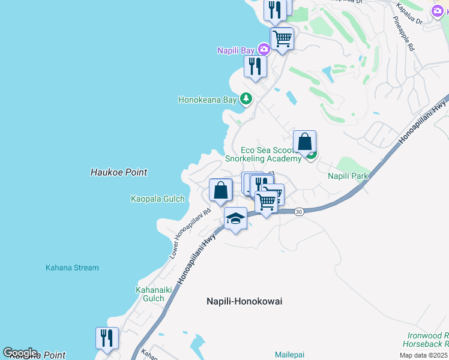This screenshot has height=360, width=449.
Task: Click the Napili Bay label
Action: tap(236, 50)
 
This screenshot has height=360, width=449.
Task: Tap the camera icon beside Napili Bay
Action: tap(263, 49)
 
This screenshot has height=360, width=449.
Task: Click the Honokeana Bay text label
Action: tap(207, 100)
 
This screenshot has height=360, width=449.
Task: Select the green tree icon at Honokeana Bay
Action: tap(246, 98)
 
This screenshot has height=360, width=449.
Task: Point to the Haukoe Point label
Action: tap(119, 172)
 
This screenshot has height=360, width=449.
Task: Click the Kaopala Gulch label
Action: tap(157, 198)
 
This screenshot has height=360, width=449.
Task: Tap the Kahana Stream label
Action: tap(72, 268)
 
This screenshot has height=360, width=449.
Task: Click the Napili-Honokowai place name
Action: tap(244, 301)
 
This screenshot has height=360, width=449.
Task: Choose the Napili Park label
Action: tap(348, 176)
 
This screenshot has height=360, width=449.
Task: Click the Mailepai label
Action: tap(291, 354)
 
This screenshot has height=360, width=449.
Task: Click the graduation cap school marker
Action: tap(236, 219)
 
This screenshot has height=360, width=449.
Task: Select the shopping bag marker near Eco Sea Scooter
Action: tap(305, 143)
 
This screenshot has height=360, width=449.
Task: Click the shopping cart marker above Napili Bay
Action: tap(282, 39)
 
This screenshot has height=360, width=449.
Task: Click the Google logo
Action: tap(20, 353)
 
